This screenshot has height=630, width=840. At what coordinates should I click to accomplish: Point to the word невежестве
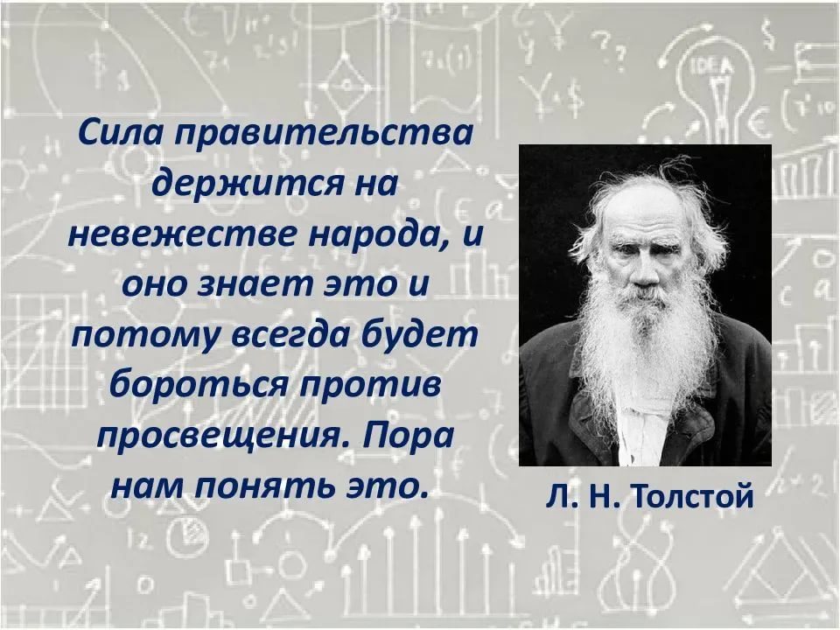tap(181, 235)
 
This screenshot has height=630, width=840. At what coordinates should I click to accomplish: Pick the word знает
tap(255, 284)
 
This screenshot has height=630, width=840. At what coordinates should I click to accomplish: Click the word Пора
tap(409, 436)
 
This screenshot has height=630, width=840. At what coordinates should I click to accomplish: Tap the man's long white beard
tap(649, 343)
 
